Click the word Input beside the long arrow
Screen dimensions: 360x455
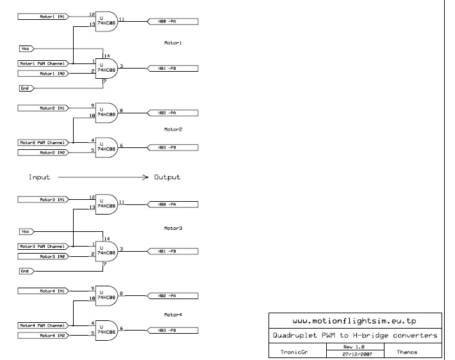point(39,177)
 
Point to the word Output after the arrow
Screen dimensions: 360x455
point(167,177)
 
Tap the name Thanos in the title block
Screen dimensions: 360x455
point(406,351)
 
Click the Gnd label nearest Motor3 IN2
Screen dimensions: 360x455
point(26,271)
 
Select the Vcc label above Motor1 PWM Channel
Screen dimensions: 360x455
point(26,48)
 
